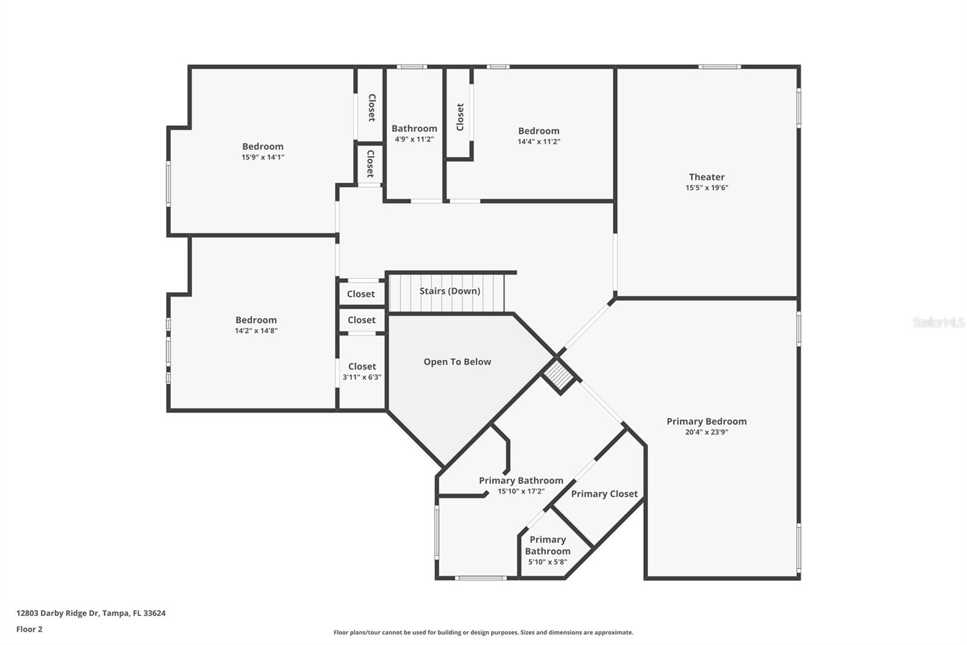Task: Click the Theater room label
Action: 707,177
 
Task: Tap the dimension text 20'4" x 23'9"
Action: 707,432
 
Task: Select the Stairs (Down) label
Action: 450,291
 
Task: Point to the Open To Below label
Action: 457,362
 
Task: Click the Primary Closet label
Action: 604,494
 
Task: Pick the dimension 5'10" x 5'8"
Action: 548,562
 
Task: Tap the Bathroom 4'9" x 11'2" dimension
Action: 414,139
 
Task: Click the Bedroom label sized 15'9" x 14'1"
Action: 262,146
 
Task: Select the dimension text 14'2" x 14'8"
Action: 256,331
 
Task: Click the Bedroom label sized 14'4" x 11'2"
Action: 538,131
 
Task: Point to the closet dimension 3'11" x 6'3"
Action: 362,377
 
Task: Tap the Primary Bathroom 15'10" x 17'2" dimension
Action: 521,491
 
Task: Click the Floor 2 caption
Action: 29,629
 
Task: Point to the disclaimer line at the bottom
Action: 483,632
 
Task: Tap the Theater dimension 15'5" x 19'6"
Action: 707,188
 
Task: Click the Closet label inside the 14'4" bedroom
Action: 460,117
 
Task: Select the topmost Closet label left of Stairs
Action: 361,294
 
